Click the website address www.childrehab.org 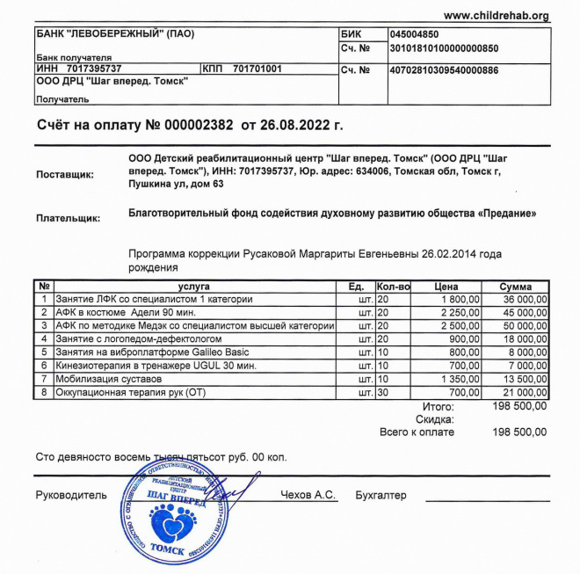point(496,16)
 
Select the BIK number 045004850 point(418,34)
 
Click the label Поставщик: point(64,175)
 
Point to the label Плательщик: point(68,217)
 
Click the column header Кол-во point(393,287)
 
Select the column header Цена point(446,287)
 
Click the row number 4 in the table point(45,339)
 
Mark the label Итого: point(438,406)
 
